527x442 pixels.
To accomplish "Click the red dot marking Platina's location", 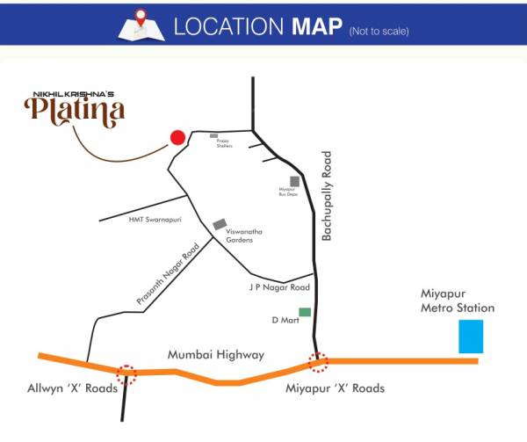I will point(177,137).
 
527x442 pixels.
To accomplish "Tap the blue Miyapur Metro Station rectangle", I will point(472,337).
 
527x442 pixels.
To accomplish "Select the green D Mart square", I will point(305,312).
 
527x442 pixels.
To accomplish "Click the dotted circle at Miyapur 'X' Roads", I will point(319,360).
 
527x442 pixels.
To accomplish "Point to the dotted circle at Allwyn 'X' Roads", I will point(128,373).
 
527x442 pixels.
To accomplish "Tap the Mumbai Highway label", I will point(216,354).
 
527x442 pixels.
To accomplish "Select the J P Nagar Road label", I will point(280,287).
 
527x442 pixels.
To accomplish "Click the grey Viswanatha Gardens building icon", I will point(220,225).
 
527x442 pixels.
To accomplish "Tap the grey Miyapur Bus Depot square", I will point(295,182).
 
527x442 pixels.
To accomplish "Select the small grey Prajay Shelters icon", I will point(213,136).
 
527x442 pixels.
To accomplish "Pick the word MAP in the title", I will point(312,26).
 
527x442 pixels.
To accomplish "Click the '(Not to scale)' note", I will point(379,32).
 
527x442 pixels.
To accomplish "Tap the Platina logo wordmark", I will point(75,110).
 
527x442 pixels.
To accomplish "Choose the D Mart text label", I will point(285,321).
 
